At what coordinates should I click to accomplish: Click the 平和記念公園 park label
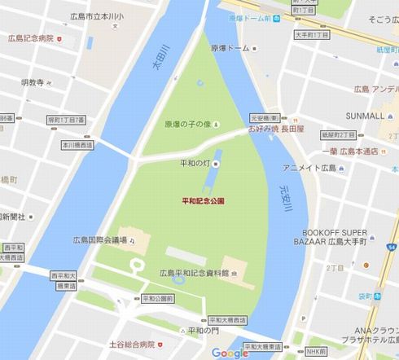click(204, 200)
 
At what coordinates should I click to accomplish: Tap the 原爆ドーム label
click(230, 48)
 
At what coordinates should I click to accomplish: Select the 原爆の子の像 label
click(187, 124)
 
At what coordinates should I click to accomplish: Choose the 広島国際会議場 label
click(99, 239)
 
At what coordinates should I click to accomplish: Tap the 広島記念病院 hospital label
click(30, 37)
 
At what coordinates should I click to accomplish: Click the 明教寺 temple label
click(36, 81)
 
